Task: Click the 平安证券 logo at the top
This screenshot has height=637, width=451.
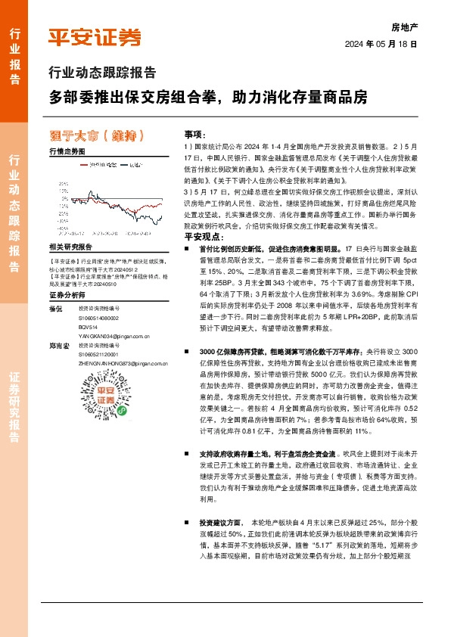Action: [95, 37]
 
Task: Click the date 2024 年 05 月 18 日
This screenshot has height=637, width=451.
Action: [381, 45]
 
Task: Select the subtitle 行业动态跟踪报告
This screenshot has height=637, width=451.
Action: [102, 73]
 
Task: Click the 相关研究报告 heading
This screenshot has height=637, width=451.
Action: [70, 247]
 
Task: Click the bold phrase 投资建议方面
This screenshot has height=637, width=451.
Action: [220, 523]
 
